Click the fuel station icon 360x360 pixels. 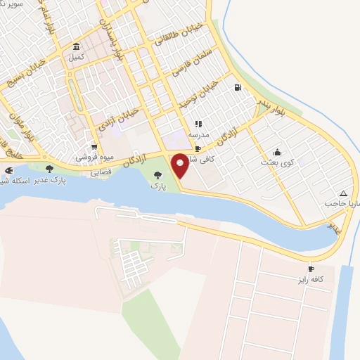click(238, 88)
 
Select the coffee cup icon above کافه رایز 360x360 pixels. click(311, 269)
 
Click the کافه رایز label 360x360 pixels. click(311, 279)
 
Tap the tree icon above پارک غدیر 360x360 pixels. click(49, 169)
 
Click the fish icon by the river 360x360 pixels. click(8, 171)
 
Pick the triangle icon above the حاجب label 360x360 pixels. click(342, 193)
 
